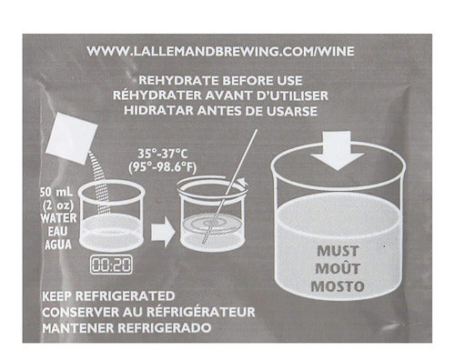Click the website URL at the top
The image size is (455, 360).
coord(220,51)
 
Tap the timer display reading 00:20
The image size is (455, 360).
coord(111,265)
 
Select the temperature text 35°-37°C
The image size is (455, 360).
coord(163,154)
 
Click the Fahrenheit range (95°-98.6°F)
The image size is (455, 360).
coord(162,167)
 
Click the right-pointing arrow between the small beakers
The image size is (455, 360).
coord(163,235)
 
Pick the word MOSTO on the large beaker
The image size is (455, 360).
coord(338,286)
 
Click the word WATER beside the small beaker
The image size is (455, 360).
coord(58,218)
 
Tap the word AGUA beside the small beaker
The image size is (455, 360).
coord(58,245)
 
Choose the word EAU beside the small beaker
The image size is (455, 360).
coord(57,232)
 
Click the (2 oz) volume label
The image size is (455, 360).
coord(58,206)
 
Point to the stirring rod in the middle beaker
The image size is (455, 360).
coord(230,186)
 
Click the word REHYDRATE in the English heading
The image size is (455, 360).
coord(178,81)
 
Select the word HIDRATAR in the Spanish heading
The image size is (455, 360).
coord(158,111)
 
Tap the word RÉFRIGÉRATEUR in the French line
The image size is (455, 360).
coord(199,312)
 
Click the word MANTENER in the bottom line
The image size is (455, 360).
coord(78,328)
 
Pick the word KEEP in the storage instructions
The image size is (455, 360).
coord(57,296)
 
